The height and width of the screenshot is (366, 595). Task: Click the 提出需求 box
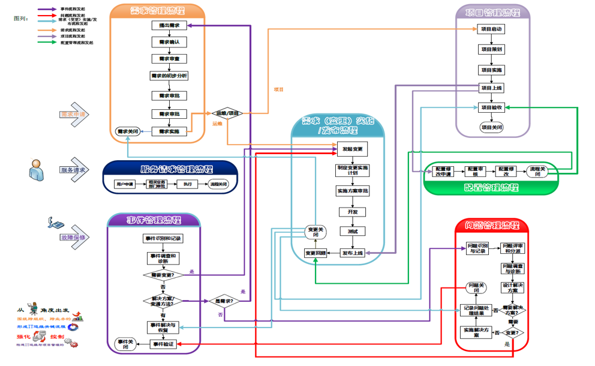click(169, 25)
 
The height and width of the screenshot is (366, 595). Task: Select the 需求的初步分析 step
click(169, 76)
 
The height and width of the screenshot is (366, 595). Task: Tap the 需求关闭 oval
click(128, 131)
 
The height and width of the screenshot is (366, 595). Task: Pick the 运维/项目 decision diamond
click(228, 113)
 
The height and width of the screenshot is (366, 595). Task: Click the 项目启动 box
click(492, 29)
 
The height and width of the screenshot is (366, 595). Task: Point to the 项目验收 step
click(492, 108)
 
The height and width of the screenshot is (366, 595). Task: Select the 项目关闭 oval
click(492, 127)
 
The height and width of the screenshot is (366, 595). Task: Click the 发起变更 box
click(352, 149)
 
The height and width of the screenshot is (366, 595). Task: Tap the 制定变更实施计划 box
click(352, 170)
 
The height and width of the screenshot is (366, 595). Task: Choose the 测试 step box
click(352, 231)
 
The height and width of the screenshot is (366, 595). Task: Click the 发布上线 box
click(352, 253)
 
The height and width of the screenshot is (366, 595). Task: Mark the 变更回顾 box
click(315, 253)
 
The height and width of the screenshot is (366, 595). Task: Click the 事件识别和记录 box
click(163, 238)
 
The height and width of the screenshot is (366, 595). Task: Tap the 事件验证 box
click(163, 344)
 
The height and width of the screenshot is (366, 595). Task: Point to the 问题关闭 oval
click(477, 287)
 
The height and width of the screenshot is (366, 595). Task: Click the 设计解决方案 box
click(513, 287)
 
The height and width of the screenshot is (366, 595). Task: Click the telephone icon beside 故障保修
click(55, 224)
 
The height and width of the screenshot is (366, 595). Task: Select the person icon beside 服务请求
click(35, 169)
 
